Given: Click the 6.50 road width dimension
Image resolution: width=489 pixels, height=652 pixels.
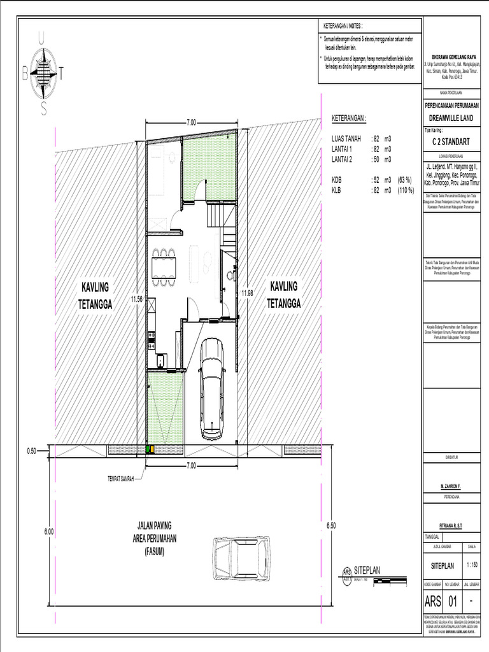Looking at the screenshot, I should (x=330, y=525).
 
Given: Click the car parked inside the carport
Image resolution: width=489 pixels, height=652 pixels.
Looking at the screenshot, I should (x=211, y=388).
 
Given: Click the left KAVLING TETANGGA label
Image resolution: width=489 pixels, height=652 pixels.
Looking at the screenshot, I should (x=95, y=295).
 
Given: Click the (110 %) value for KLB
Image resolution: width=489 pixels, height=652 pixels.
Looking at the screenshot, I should (x=406, y=190).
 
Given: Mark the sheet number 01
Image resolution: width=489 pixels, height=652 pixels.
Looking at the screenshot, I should (x=453, y=601).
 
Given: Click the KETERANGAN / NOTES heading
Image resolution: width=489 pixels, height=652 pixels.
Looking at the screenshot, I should (x=342, y=26).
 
